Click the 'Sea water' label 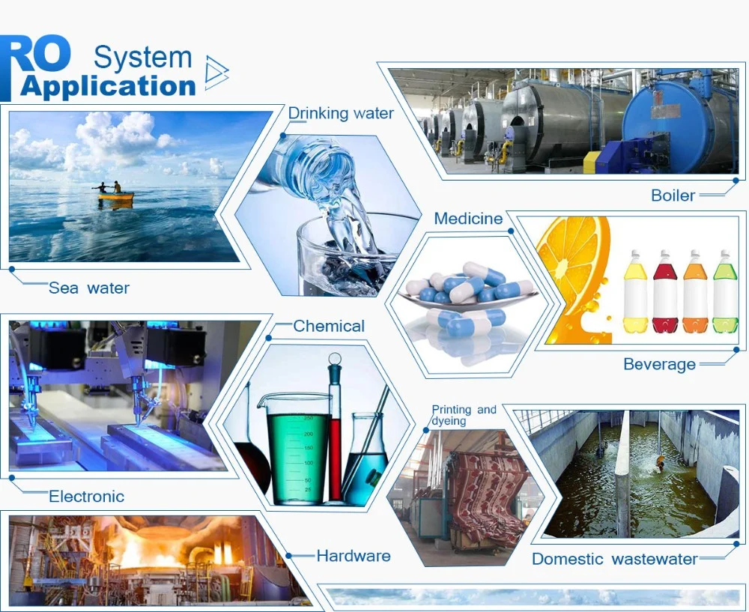tap(89, 288)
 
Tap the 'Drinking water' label tap(341, 113)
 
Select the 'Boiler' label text tap(673, 196)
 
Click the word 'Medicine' tap(468, 219)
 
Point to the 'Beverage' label tap(660, 365)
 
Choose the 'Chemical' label tap(329, 326)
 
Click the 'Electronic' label tap(86, 496)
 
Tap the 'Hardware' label tap(354, 556)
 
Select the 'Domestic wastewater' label tap(615, 559)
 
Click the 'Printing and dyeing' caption tap(464, 415)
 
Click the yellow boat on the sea tap(115, 196)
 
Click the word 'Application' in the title tap(108, 86)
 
